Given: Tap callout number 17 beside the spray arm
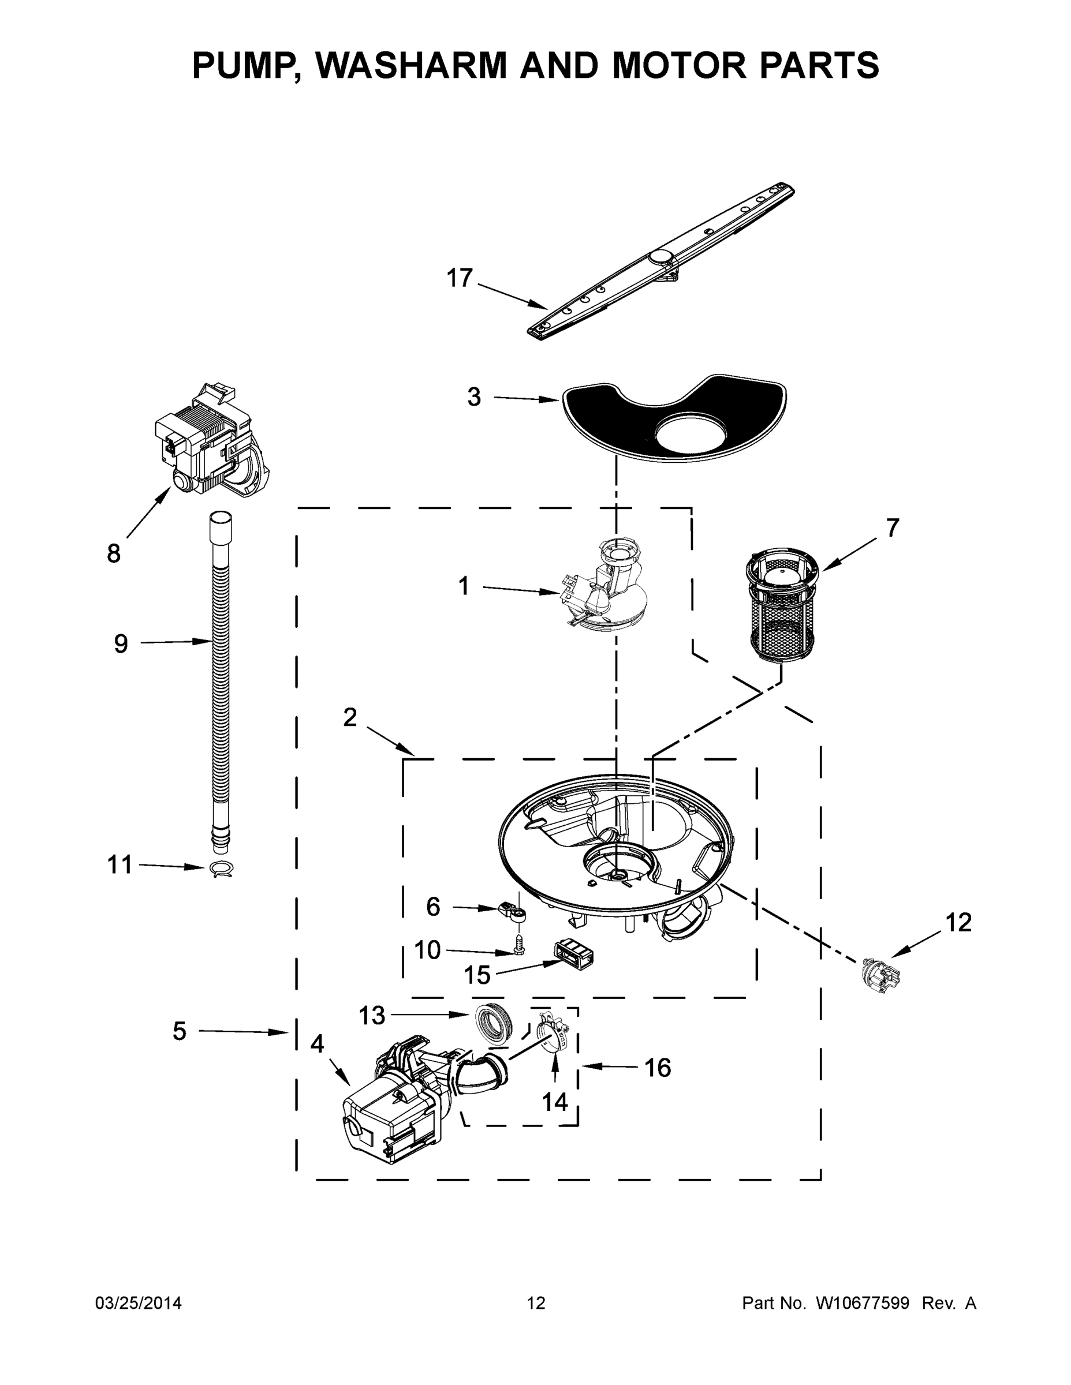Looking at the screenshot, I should pos(460,278).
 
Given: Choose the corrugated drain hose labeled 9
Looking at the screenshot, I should pos(219,685).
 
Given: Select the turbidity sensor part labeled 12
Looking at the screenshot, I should pos(879,969).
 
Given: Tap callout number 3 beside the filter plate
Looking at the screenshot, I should pos(473,397).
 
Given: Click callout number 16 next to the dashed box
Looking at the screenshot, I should pos(657,1068).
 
